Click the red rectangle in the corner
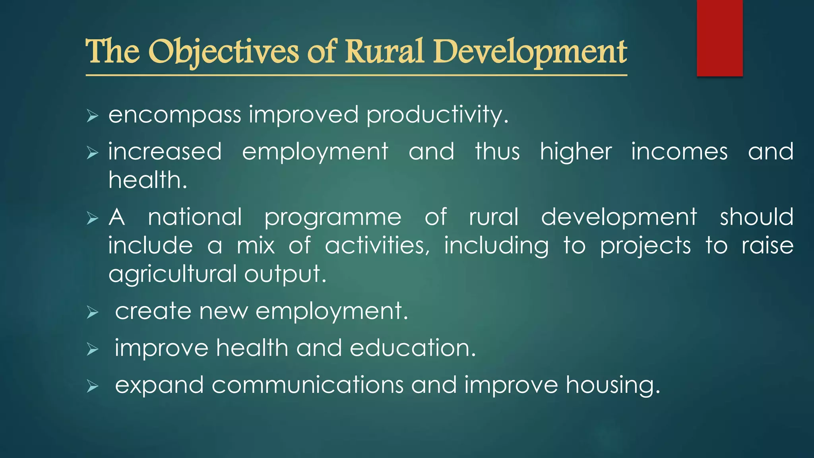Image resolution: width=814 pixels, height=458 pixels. [x=719, y=38]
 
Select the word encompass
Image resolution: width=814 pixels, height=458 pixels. [x=175, y=115]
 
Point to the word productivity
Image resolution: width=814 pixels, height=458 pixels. [x=437, y=115]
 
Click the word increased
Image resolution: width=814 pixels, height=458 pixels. [x=165, y=152]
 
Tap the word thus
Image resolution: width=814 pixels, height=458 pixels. [x=497, y=152]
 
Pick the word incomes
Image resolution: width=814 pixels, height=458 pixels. [x=679, y=152]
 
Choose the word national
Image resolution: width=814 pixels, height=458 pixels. [x=195, y=217]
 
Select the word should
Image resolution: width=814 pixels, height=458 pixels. [x=756, y=217]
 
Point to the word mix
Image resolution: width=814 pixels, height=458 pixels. [x=256, y=245]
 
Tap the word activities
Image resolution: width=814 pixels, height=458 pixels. [x=377, y=245]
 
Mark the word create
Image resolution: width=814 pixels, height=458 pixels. [x=153, y=311]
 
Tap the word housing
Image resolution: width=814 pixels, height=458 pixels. [x=612, y=386]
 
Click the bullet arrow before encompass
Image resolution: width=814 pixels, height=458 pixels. [x=92, y=116]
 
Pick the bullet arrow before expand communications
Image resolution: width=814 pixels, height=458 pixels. [x=92, y=386]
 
